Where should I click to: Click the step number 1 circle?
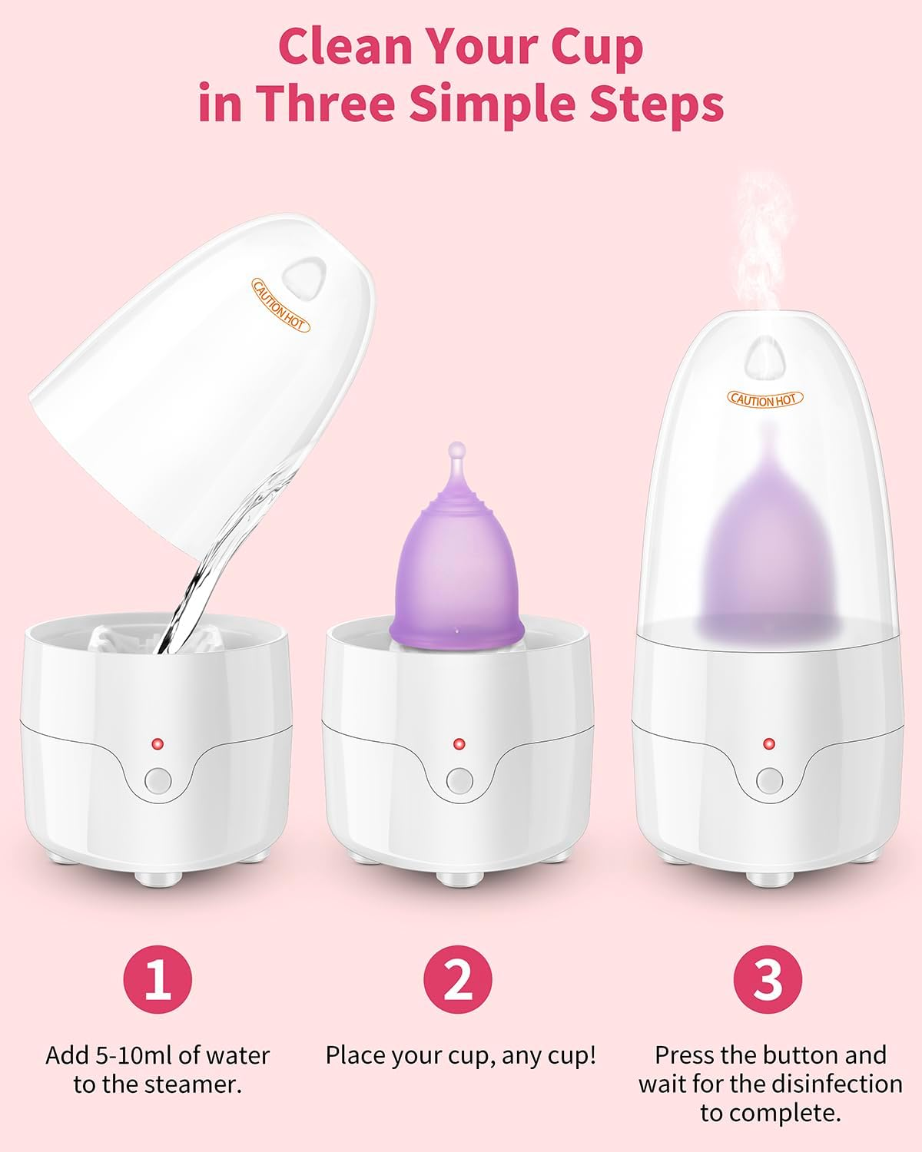click(x=158, y=979)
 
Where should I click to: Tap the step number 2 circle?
click(x=458, y=979)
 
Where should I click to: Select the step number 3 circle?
click(x=768, y=979)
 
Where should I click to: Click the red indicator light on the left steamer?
click(x=158, y=743)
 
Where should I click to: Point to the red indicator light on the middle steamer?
click(x=459, y=743)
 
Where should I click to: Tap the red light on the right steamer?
click(x=768, y=743)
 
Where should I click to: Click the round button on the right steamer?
click(x=768, y=781)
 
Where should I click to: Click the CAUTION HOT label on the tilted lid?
click(x=280, y=306)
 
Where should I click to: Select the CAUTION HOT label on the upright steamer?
click(x=765, y=399)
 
